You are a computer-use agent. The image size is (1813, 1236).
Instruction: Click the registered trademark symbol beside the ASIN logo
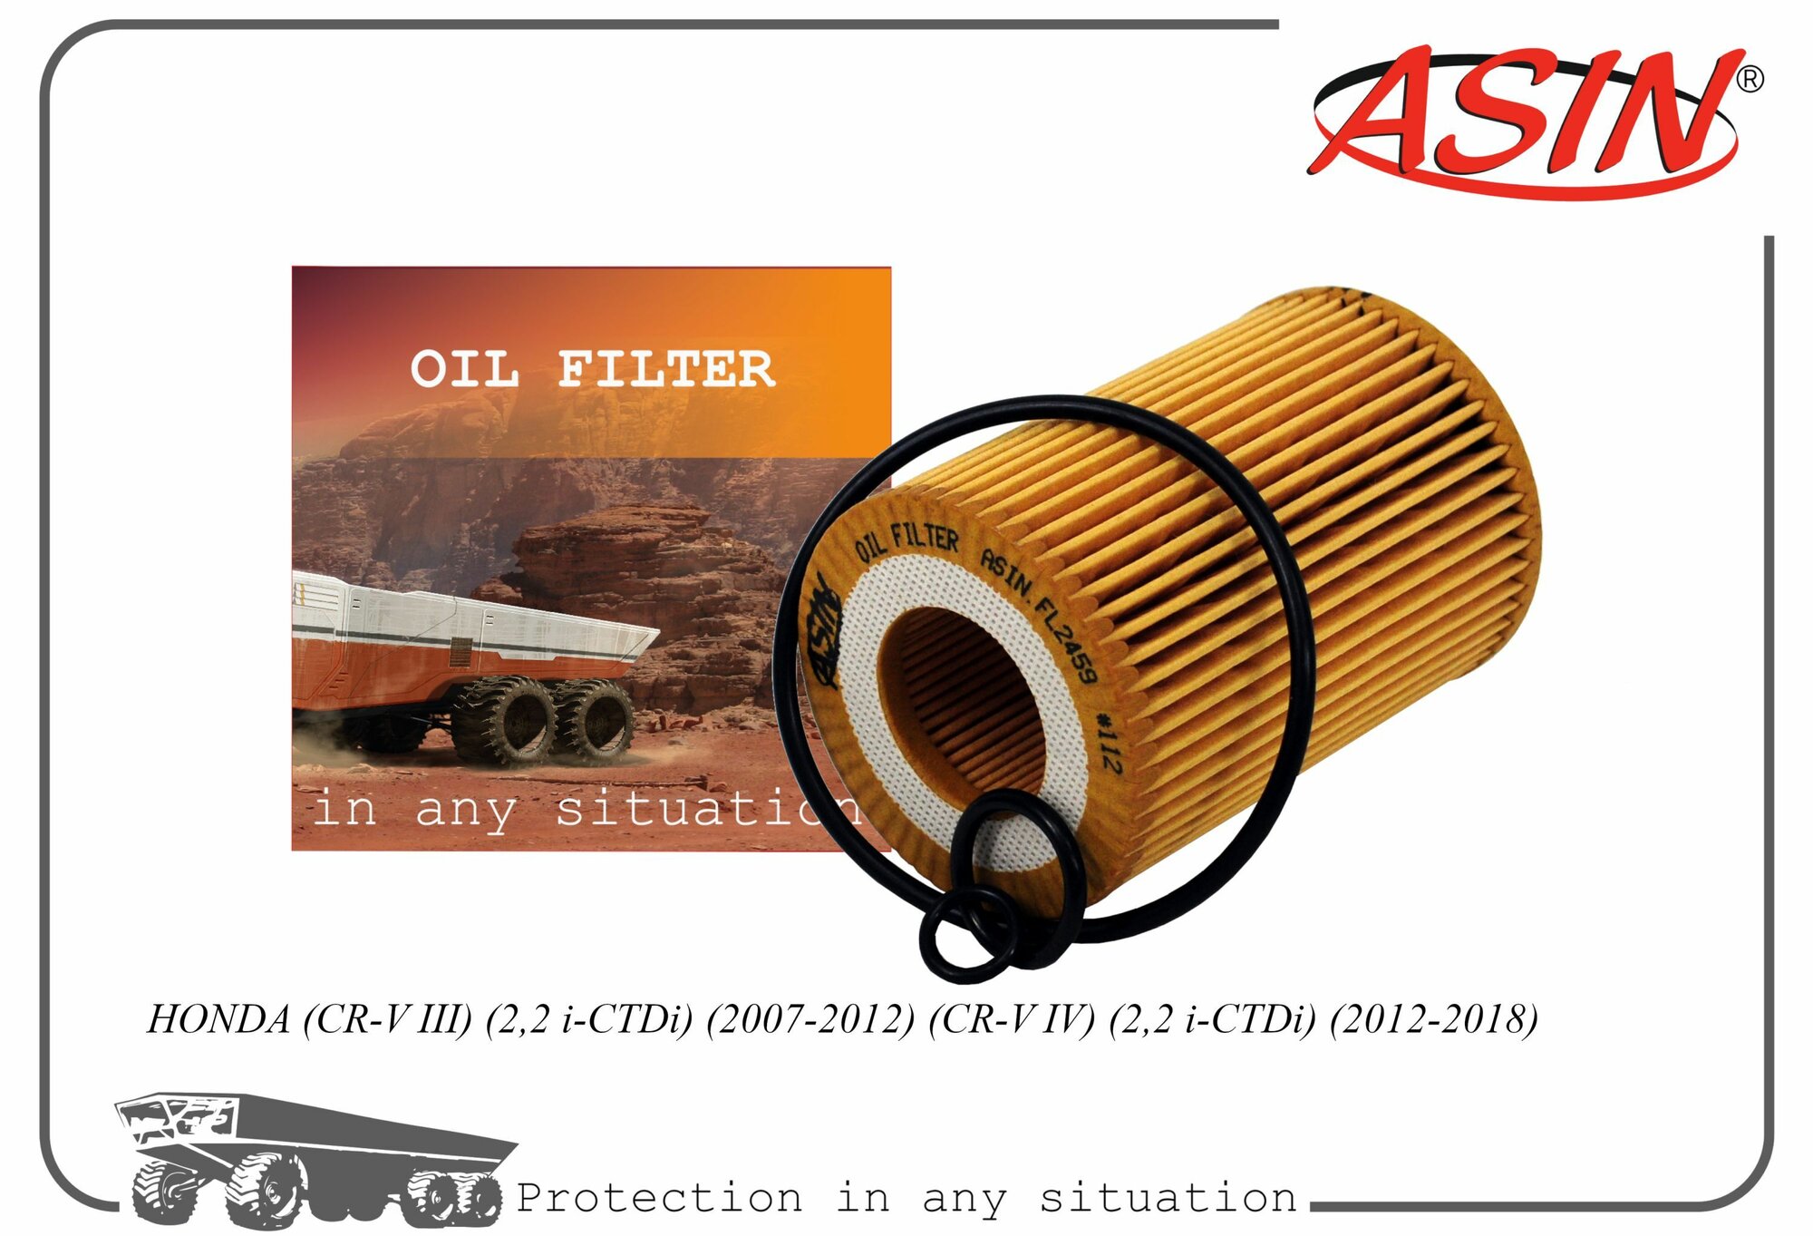pyautogui.click(x=1749, y=80)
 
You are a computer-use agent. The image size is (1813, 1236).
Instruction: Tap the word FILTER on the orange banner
pyautogui.click(x=665, y=370)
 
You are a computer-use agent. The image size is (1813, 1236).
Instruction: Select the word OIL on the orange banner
pyautogui.click(x=464, y=370)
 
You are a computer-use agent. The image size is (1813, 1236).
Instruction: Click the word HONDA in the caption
pyautogui.click(x=218, y=1019)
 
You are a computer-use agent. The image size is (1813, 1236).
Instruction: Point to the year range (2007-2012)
pyautogui.click(x=810, y=1019)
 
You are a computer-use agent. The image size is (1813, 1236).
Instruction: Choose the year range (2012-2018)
pyautogui.click(x=1433, y=1019)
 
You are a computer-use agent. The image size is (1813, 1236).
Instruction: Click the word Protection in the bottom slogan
pyautogui.click(x=659, y=1198)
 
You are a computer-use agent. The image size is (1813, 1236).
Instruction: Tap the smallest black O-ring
pyautogui.click(x=966, y=935)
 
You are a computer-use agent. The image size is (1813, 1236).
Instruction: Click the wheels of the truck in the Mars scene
pyautogui.click(x=544, y=721)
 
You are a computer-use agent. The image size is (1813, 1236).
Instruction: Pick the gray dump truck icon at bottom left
pyautogui.click(x=308, y=1156)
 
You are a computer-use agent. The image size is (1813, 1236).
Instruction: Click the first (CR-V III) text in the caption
pyautogui.click(x=388, y=1019)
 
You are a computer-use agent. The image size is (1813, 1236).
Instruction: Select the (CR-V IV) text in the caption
pyautogui.click(x=1012, y=1019)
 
